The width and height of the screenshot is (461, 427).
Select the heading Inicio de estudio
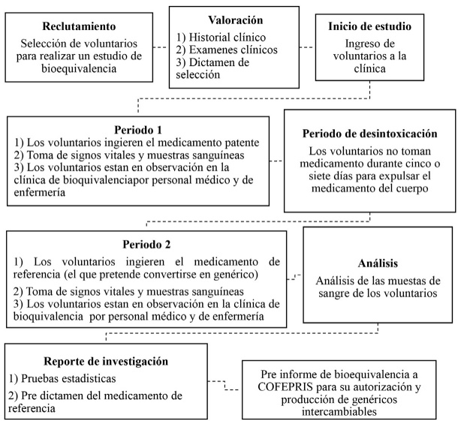(369, 27)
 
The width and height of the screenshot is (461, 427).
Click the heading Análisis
(378, 264)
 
